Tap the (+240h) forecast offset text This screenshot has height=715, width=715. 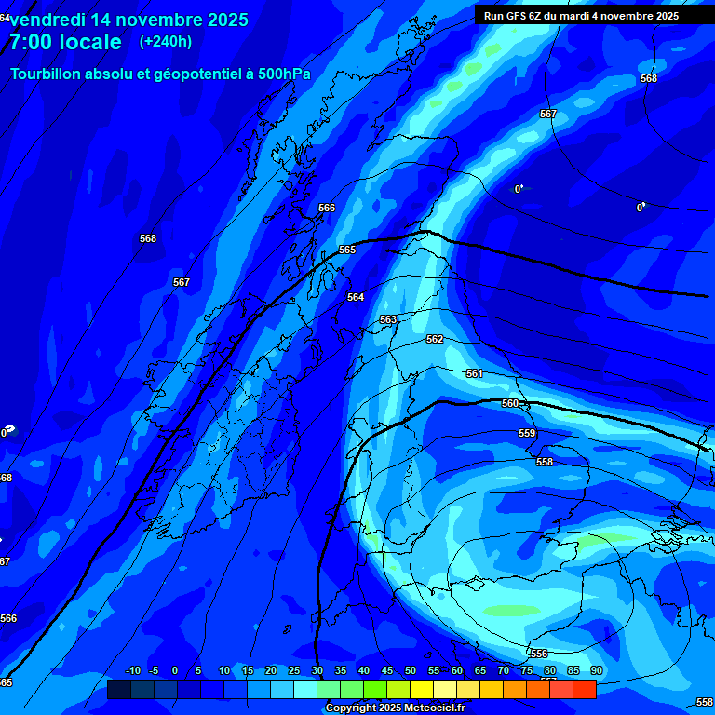pos(166,41)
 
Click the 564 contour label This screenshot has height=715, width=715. pos(356,297)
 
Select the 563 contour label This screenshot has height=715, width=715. pos(388,319)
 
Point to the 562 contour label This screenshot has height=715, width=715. pos(435,340)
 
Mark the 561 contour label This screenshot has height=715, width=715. pos(475,373)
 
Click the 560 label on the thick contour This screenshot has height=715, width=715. pos(510,403)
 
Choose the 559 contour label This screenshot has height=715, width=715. pos(527,433)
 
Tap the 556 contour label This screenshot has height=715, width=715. pos(539,654)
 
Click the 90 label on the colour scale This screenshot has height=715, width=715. pos(596,671)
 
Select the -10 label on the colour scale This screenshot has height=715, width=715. pos(132,671)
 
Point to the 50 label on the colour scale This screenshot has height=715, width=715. pos(410,671)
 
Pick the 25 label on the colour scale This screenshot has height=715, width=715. pos(293,671)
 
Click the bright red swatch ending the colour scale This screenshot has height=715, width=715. pos(585,689)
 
